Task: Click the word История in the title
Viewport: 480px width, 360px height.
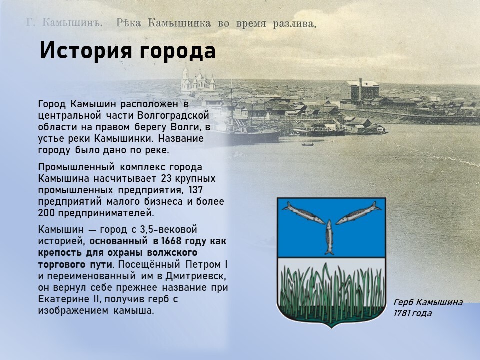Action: point(86,51)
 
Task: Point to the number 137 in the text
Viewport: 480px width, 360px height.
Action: point(196,190)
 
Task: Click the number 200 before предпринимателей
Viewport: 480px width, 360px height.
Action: point(46,213)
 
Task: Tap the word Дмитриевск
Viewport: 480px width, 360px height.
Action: point(196,276)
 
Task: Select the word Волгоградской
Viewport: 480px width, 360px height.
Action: point(173,116)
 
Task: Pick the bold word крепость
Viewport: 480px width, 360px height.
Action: point(60,253)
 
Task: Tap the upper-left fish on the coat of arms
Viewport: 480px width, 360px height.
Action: point(303,213)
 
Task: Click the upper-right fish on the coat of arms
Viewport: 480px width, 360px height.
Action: point(359,213)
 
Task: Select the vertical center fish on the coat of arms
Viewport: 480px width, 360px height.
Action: point(329,237)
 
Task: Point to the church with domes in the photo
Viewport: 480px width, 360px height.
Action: point(197,81)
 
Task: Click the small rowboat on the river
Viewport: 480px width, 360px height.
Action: point(307,144)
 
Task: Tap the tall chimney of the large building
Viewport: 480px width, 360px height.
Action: point(360,89)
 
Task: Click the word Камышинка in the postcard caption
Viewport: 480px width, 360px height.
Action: point(179,23)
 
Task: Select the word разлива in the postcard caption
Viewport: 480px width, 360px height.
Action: point(294,24)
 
